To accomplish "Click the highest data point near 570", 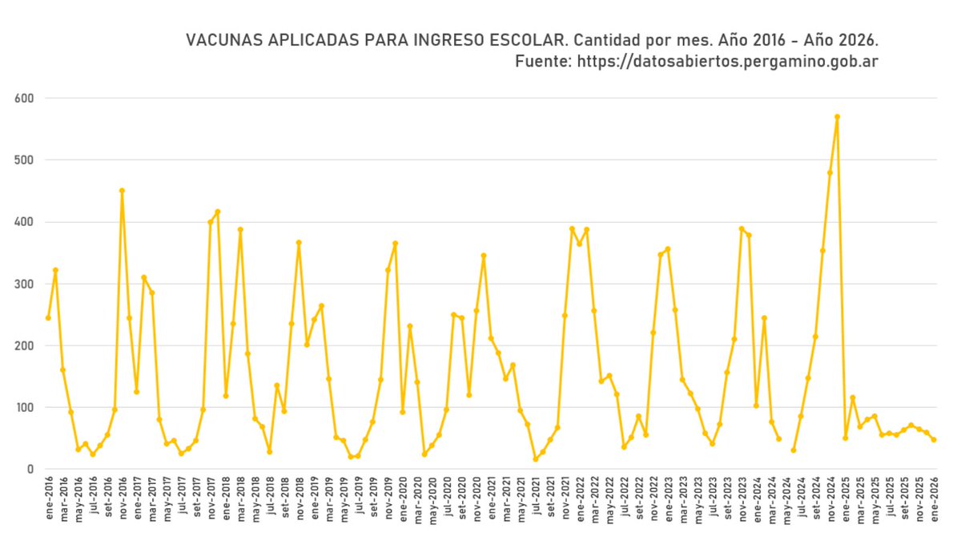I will tap(837, 117).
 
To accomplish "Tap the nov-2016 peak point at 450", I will tap(122, 191).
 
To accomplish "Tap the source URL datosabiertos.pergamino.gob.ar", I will tap(728, 62).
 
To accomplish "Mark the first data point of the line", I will tap(48, 318).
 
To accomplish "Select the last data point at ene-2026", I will tap(934, 440).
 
